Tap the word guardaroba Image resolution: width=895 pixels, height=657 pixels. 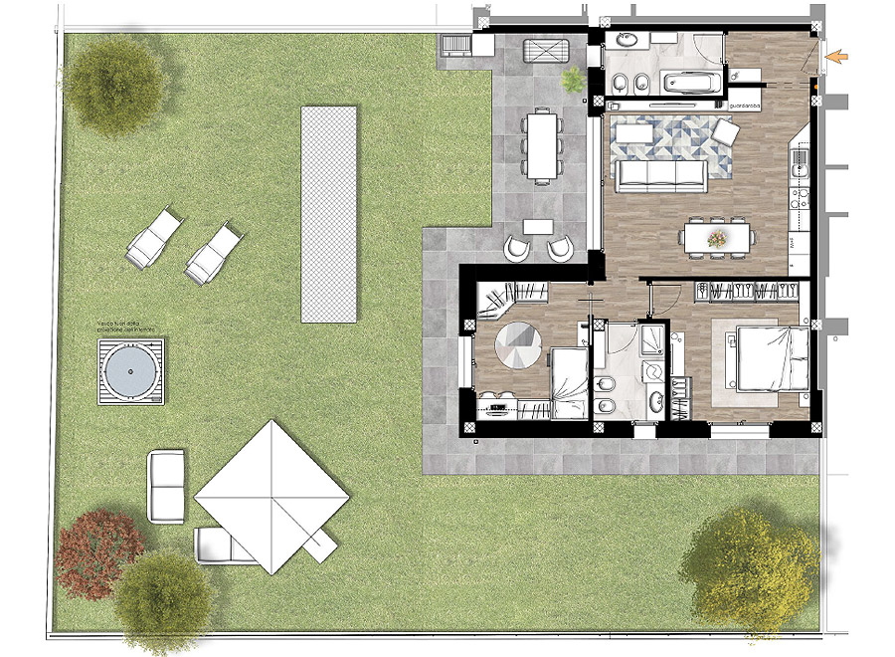pos(746,106)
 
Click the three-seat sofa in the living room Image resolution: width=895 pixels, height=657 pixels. pos(661,174)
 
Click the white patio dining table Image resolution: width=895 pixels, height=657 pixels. pos(542,145)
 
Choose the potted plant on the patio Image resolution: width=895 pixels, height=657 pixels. pos(574,80)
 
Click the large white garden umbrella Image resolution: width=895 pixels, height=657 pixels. pos(271,495)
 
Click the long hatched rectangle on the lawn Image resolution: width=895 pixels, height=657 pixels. pos(329,213)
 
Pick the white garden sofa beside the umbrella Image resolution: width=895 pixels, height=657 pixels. pos(165,486)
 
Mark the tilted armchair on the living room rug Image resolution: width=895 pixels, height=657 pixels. pos(725,132)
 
